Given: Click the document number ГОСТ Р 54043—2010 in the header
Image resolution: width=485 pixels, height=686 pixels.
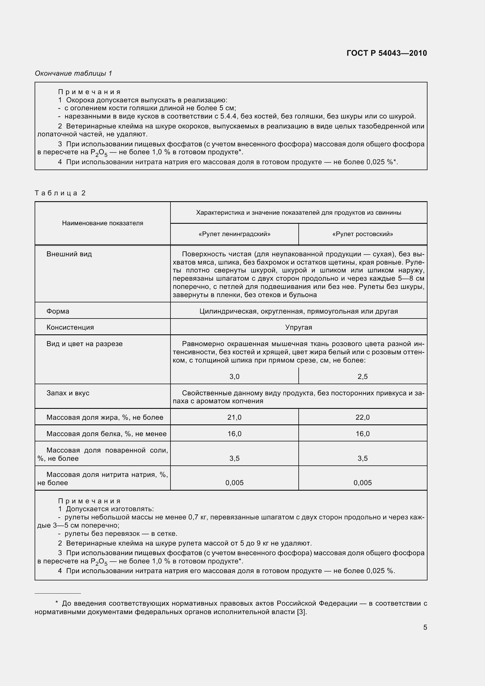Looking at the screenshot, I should (387, 53).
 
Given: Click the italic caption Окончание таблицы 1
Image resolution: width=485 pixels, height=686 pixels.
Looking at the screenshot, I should (74, 73).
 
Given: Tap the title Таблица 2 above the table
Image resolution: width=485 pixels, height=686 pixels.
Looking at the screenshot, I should (60, 193).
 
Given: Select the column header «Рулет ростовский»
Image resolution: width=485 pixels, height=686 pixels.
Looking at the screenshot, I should (362, 234).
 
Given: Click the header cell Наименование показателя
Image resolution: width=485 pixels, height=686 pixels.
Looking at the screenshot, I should (102, 223).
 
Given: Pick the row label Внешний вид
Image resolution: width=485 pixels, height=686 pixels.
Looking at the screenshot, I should (69, 254).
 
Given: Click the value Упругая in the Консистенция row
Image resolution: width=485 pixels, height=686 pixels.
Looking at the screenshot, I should (298, 327).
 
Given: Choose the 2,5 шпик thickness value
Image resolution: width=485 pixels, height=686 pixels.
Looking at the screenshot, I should (362, 377).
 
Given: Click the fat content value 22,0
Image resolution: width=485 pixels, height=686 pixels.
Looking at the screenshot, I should (362, 417).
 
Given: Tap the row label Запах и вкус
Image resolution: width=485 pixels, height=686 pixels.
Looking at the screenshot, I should (68, 393).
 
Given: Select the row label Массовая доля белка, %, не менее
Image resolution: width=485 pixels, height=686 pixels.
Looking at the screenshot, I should (107, 433).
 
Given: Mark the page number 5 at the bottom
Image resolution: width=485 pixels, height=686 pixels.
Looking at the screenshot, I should (425, 627).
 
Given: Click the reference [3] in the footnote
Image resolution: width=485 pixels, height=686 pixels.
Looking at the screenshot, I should (301, 612).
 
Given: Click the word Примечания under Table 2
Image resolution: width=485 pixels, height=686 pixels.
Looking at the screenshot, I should (89, 501).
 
